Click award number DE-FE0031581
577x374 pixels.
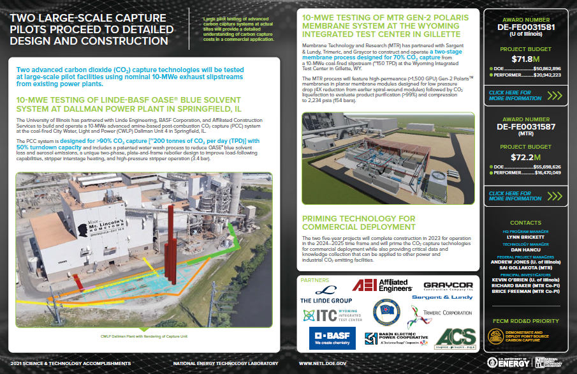click(x=526, y=27)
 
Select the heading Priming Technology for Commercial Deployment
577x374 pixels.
click(x=358, y=223)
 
